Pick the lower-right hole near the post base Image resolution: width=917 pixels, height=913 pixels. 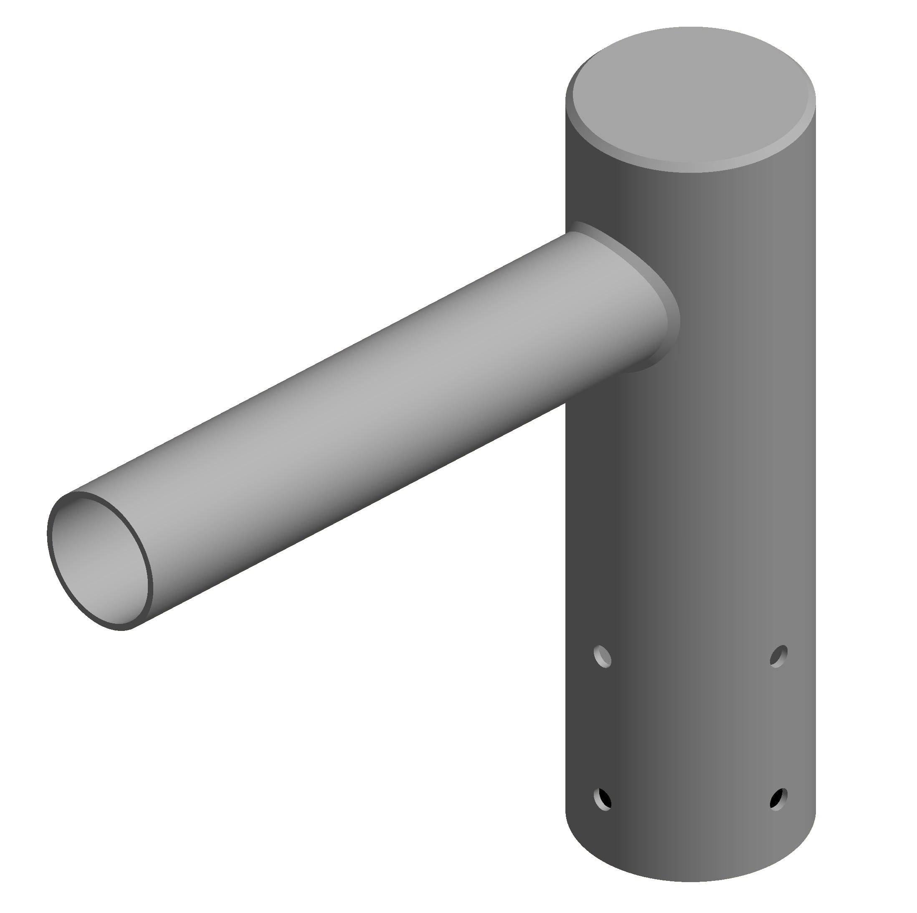[x=779, y=799]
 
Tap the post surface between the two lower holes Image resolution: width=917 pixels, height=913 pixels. [x=691, y=799]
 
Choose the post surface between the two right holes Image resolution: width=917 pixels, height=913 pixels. [x=779, y=728]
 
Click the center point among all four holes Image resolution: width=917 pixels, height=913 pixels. [x=691, y=728]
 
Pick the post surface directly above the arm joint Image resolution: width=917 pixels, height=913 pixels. [x=617, y=199]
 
